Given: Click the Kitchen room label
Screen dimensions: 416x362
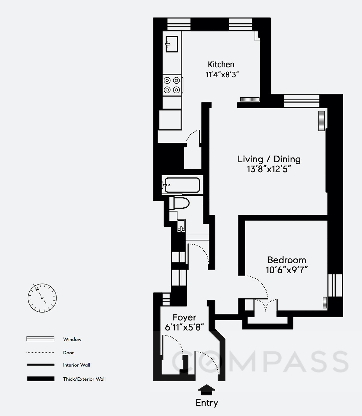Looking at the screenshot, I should pos(221,64).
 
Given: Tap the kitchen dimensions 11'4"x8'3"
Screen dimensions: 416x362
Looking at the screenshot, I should pos(222,74).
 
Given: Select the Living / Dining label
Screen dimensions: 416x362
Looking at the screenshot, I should pos(269,159).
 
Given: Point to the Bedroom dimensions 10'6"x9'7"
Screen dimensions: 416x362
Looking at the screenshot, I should pos(286,270).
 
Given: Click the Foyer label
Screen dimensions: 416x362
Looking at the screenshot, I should pos(184,317).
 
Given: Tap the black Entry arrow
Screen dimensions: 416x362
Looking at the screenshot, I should pos(206,389).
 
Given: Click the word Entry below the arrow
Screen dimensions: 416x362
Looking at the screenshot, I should pos(207,403).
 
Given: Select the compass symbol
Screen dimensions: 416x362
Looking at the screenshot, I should pos(42,298).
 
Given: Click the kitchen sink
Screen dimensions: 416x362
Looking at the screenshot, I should pos(172,44).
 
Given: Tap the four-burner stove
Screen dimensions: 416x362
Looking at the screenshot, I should pos(172,85).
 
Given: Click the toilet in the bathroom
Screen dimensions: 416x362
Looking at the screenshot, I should pos(180,203).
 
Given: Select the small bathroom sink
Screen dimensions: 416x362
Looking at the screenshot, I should pos(181,226).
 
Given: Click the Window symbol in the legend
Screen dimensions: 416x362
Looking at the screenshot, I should pos(40,339).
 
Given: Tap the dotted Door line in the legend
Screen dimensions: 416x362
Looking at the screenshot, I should pos(40,353).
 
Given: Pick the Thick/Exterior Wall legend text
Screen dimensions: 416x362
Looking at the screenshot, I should pos(84,379).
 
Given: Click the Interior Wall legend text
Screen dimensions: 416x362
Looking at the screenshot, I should pos(76,365).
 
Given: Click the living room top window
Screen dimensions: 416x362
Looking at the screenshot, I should pos(301,101).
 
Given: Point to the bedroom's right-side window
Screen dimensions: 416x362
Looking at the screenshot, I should pos(335,285).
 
